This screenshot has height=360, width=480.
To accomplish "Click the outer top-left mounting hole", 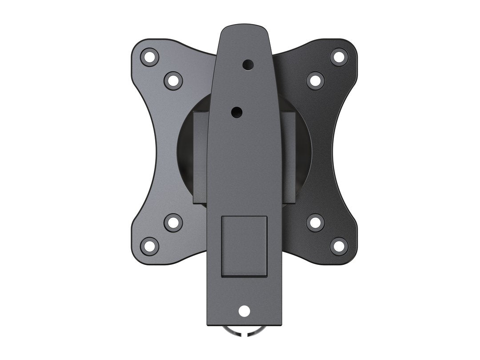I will (x=150, y=57).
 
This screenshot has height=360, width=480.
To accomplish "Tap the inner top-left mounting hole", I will (x=173, y=80).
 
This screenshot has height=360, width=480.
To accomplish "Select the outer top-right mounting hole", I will (x=339, y=57).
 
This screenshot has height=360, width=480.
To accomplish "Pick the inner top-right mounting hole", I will (x=315, y=80).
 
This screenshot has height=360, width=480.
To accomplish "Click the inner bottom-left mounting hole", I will (x=173, y=222).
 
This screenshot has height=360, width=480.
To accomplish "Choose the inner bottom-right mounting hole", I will (x=315, y=222).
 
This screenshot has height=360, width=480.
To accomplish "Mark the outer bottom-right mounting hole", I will (x=339, y=246).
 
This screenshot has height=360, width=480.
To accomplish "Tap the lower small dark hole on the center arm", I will (x=237, y=110).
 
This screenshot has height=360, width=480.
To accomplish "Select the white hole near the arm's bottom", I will (x=244, y=311).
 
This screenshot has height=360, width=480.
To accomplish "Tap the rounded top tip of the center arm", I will (x=244, y=28).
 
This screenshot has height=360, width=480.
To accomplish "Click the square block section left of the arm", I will (x=200, y=158).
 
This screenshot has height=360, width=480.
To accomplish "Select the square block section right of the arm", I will (x=288, y=158).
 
